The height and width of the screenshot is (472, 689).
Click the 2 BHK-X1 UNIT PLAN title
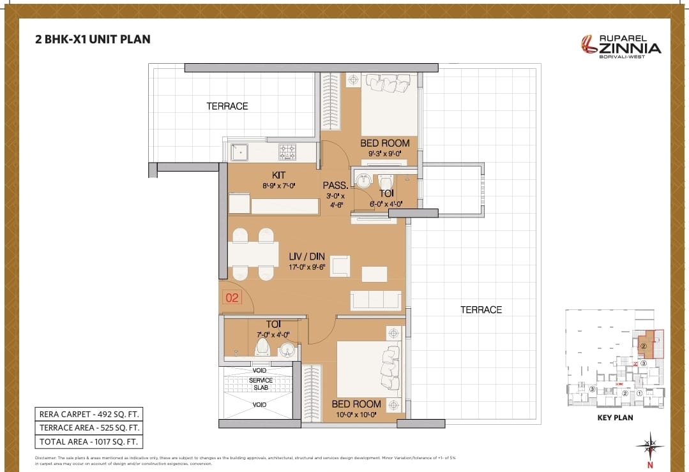93,39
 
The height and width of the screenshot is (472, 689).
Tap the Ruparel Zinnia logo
620,45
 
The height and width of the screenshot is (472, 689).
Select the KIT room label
278,175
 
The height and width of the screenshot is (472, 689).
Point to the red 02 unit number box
232,297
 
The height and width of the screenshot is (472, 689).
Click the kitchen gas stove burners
287,151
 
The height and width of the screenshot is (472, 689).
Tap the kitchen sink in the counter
239,152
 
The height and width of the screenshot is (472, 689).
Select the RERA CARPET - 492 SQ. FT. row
89,414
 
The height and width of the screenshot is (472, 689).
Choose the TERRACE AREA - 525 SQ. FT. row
89,428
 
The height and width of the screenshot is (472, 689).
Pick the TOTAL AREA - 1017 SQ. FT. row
89,441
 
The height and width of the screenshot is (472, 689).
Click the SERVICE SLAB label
261,384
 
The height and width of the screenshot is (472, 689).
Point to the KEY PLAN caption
615,418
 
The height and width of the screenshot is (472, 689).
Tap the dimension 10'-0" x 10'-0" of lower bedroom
356,415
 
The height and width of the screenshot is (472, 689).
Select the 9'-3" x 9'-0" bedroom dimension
384,153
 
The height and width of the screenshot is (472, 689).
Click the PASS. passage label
334,186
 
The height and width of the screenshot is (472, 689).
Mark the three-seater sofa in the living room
375,300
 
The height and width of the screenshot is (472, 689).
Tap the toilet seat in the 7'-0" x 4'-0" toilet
262,348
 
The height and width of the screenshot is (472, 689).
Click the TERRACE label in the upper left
227,106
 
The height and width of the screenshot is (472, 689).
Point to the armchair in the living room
340,266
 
